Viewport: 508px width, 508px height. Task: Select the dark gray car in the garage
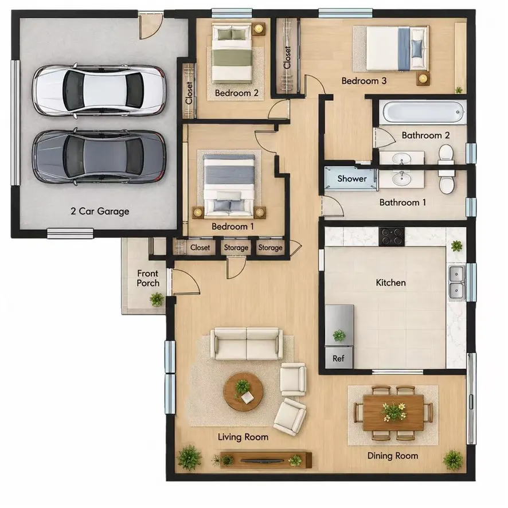click(99, 157)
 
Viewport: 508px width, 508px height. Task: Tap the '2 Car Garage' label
click(100, 211)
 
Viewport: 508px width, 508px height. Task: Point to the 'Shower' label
click(352, 178)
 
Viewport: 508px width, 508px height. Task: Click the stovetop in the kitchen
click(392, 236)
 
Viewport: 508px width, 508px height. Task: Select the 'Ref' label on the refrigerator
click(338, 358)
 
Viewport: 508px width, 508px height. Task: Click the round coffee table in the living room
click(243, 392)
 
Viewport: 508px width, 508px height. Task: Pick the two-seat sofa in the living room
click(247, 344)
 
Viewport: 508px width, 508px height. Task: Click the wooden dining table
click(393, 412)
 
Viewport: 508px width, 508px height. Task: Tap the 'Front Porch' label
click(148, 278)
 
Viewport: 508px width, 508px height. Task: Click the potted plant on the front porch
click(157, 299)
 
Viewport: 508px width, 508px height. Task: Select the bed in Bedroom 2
click(232, 54)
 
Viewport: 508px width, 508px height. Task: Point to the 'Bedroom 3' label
click(364, 81)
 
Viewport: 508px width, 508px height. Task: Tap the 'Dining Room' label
click(393, 456)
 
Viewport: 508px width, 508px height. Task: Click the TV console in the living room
click(265, 460)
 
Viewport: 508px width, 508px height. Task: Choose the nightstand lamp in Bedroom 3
click(423, 79)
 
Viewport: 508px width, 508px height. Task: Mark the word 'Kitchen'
click(390, 283)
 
